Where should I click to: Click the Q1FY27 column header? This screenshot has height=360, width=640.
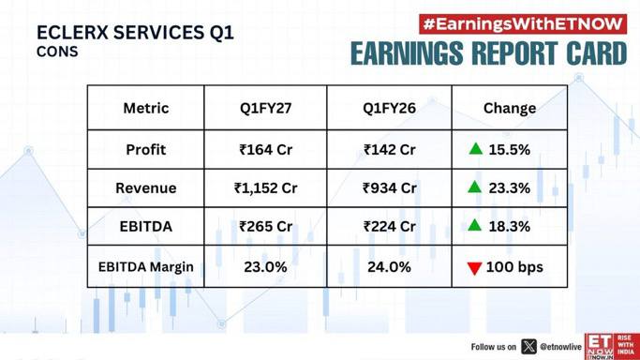(x=266, y=108)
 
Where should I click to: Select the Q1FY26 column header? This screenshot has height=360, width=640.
(x=390, y=108)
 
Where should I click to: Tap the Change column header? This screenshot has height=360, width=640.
(x=510, y=108)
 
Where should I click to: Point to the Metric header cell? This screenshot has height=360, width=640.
(x=146, y=108)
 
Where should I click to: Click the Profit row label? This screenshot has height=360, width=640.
(x=146, y=150)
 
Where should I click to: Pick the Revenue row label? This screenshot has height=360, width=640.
(x=146, y=188)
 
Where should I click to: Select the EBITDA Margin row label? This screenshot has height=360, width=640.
(x=146, y=267)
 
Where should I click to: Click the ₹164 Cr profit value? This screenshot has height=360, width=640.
(x=266, y=150)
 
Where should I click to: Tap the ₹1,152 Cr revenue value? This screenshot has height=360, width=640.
(x=266, y=188)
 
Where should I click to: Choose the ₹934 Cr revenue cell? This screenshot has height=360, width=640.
(x=390, y=188)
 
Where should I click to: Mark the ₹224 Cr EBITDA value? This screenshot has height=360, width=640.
(x=390, y=227)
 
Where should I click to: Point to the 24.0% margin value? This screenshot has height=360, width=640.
(x=390, y=267)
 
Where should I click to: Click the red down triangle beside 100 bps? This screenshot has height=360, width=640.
(x=475, y=268)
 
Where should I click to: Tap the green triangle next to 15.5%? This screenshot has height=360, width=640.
(x=476, y=148)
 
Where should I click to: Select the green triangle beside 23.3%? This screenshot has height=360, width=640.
(x=475, y=187)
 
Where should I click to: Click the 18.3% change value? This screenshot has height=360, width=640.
(x=510, y=227)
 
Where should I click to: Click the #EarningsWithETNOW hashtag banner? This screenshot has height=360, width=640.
(x=523, y=24)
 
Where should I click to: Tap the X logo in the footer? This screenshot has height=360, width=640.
(x=529, y=347)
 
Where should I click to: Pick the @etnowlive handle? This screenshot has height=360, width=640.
(x=560, y=347)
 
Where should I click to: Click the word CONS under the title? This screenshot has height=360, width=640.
(x=57, y=52)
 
